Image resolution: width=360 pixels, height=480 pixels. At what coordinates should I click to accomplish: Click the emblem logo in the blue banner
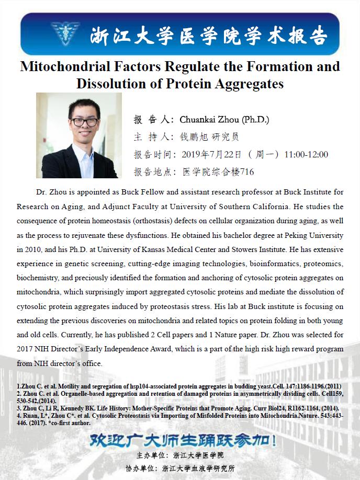(65, 33)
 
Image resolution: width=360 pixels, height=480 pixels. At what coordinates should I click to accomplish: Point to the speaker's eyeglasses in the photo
(84, 122)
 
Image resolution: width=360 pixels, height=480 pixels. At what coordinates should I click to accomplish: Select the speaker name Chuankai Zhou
(207, 120)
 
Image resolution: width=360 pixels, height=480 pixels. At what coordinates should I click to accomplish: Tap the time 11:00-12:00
(306, 154)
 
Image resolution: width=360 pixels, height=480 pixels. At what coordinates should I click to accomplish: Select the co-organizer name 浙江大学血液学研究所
(198, 468)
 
